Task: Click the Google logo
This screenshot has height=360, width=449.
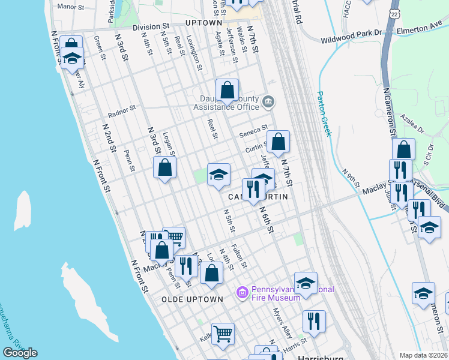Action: click(x=20, y=353)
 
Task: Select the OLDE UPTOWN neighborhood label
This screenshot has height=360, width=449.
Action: click(x=192, y=298)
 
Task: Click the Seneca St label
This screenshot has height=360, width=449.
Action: click(x=253, y=129)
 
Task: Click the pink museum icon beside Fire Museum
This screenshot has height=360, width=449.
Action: click(x=243, y=292)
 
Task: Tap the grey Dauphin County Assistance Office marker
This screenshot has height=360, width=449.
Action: click(x=268, y=101)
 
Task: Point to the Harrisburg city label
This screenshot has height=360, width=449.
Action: click(x=321, y=356)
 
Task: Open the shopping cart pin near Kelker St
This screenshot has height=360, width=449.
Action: click(x=223, y=333)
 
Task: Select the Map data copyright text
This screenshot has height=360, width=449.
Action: click(x=423, y=355)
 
